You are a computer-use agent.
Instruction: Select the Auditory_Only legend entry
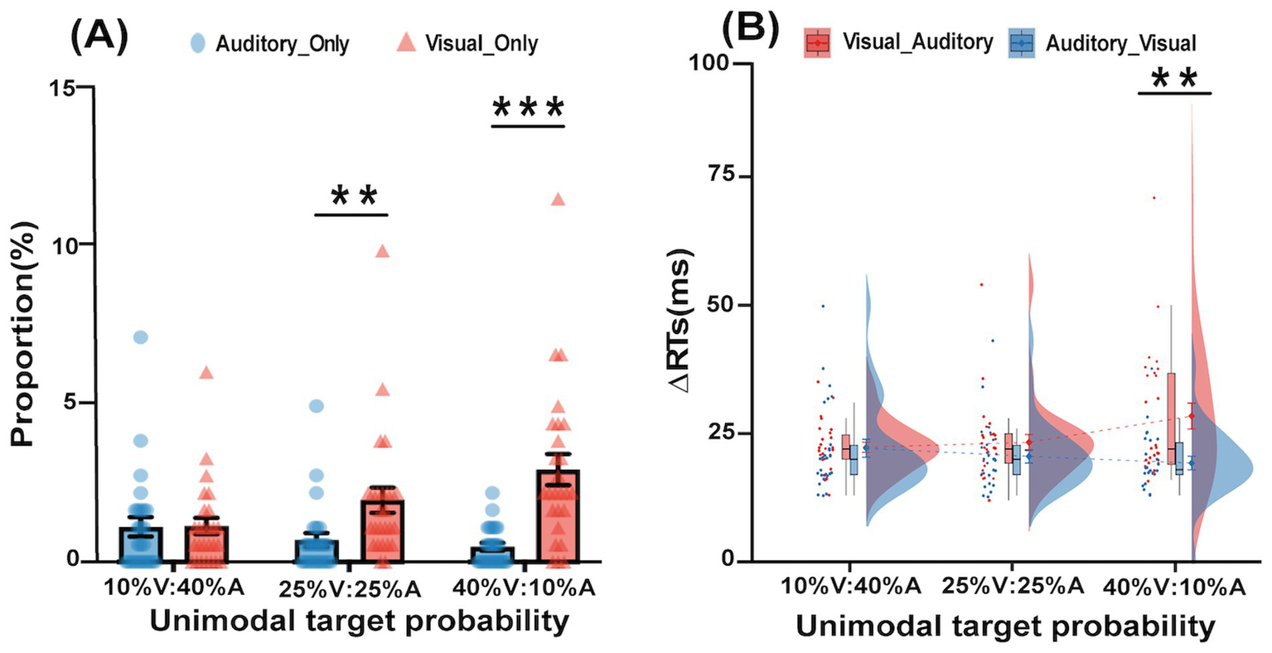pyautogui.click(x=270, y=44)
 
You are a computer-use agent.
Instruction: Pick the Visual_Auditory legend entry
pyautogui.click(x=900, y=41)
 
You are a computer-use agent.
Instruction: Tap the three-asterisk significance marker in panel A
pyautogui.click(x=528, y=108)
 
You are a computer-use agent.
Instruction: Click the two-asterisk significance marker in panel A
pyautogui.click(x=352, y=197)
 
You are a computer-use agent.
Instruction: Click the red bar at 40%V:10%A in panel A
pyautogui.click(x=558, y=515)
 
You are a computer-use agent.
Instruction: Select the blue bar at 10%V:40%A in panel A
pyautogui.click(x=141, y=544)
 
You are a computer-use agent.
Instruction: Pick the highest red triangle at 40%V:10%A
pyautogui.click(x=558, y=199)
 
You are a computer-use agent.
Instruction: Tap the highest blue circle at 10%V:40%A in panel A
pyautogui.click(x=141, y=336)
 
